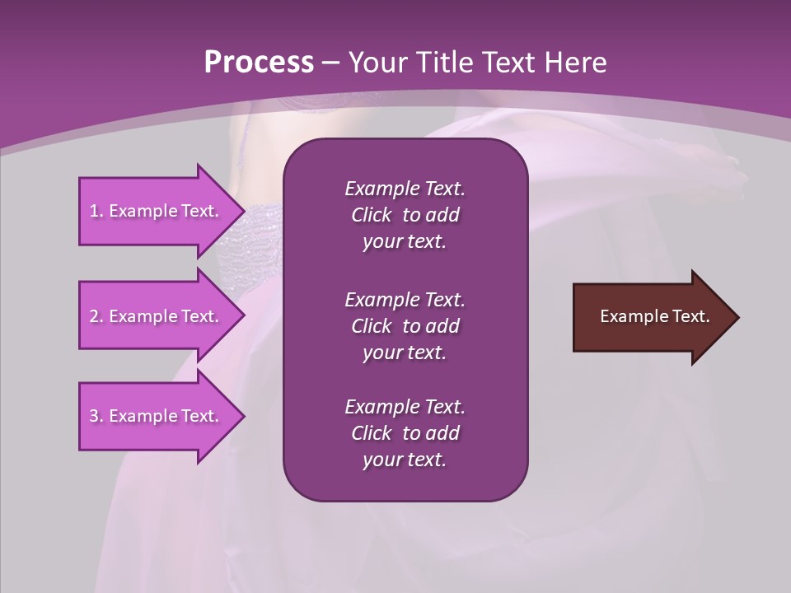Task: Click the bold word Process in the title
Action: tap(259, 63)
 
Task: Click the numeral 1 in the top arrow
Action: tap(93, 211)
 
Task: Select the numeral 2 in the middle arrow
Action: tap(94, 316)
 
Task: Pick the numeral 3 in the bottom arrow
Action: tap(94, 416)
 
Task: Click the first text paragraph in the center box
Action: tap(405, 215)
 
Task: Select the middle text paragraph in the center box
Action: tap(405, 325)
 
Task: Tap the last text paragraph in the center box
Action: tap(405, 433)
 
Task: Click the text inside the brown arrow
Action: tap(655, 316)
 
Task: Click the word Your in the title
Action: tap(377, 63)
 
